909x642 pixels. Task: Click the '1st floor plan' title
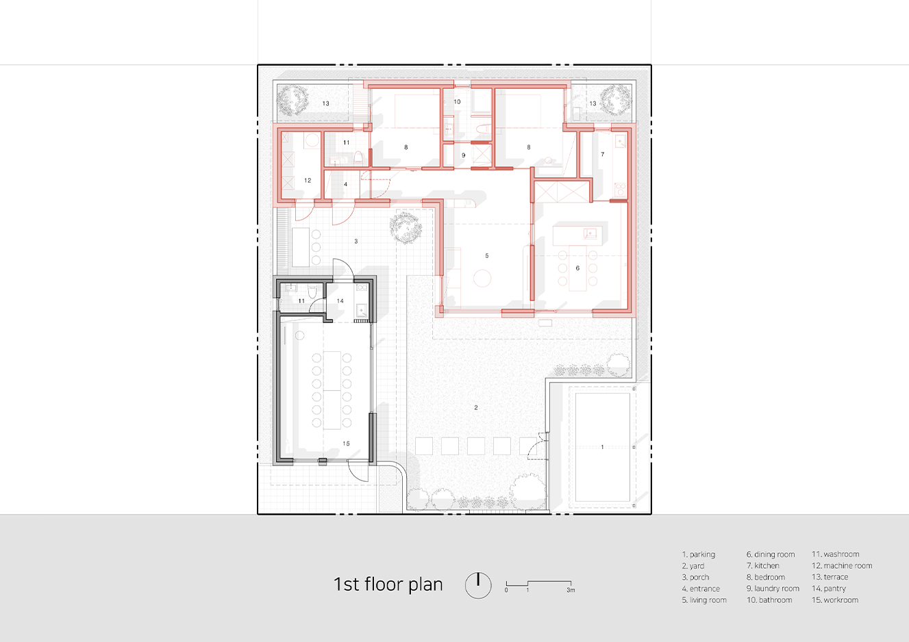coord(388,585)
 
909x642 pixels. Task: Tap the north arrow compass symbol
coord(478,585)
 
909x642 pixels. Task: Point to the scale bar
coord(539,586)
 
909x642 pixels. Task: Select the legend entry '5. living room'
coord(704,600)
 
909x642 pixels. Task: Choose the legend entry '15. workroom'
coord(835,600)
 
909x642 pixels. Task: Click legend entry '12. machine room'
coord(842,565)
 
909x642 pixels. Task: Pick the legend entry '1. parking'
coord(699,554)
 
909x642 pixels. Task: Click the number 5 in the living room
coord(487,255)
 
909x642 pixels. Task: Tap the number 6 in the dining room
coord(577,268)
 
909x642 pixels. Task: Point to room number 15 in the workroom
coord(346,444)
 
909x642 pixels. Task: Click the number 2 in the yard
coord(476,407)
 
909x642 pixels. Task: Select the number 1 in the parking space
coord(602,447)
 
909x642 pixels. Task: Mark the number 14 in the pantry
coord(340,301)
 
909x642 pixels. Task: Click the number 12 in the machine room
coord(308,181)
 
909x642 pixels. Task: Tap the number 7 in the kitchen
coord(603,154)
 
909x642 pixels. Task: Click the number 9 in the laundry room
coord(464,155)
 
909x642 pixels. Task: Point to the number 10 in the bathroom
coord(457,102)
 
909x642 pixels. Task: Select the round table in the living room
coord(482,279)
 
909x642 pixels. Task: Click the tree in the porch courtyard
coord(406,227)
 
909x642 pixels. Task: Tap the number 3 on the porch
coord(356,242)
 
